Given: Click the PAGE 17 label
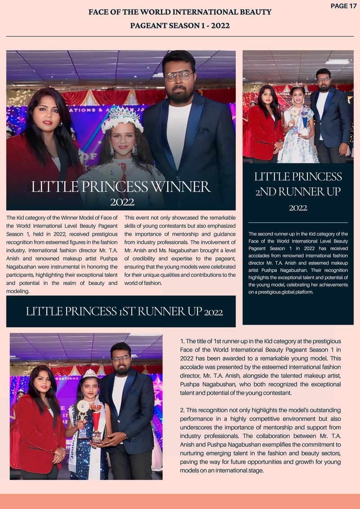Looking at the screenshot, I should point(343,6).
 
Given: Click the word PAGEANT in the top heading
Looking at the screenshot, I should point(149,26).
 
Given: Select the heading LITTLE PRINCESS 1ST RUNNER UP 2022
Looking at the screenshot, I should point(124,311).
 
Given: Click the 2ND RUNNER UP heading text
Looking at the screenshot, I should point(298,191).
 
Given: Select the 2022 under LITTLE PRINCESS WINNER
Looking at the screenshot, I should point(122,202).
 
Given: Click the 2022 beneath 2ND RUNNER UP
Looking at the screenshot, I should point(298,208).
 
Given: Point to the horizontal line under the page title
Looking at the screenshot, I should point(180,36).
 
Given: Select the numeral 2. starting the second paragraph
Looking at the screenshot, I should point(182,410).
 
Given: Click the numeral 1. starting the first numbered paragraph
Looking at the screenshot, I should point(182,342).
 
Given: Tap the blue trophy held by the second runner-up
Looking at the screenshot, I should point(304,118).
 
